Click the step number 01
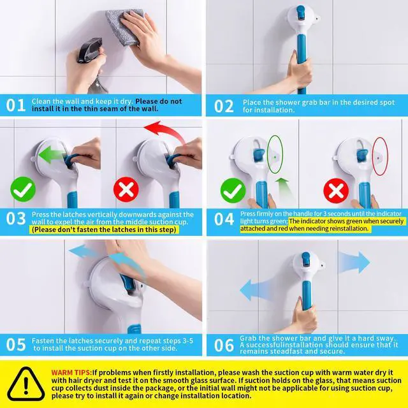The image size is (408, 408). (x=15, y=105)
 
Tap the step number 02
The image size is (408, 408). (x=224, y=106)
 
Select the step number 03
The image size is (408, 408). (x=16, y=218)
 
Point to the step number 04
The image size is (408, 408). (x=224, y=219)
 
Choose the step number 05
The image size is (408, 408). (x=16, y=344)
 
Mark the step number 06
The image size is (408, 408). (x=224, y=346)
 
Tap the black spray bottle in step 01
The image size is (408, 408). (x=90, y=50)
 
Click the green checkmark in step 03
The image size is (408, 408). (x=23, y=189)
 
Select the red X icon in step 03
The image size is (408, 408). (x=126, y=189)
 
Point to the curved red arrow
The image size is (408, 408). (x=163, y=131)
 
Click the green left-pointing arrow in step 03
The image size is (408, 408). (x=52, y=154)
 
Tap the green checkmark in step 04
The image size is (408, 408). (x=233, y=191)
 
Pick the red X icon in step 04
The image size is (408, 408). (x=336, y=191)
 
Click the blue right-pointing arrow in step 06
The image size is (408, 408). (x=354, y=262)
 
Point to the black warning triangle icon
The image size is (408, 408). (x=25, y=384)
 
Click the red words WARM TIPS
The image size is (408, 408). (x=71, y=372)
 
